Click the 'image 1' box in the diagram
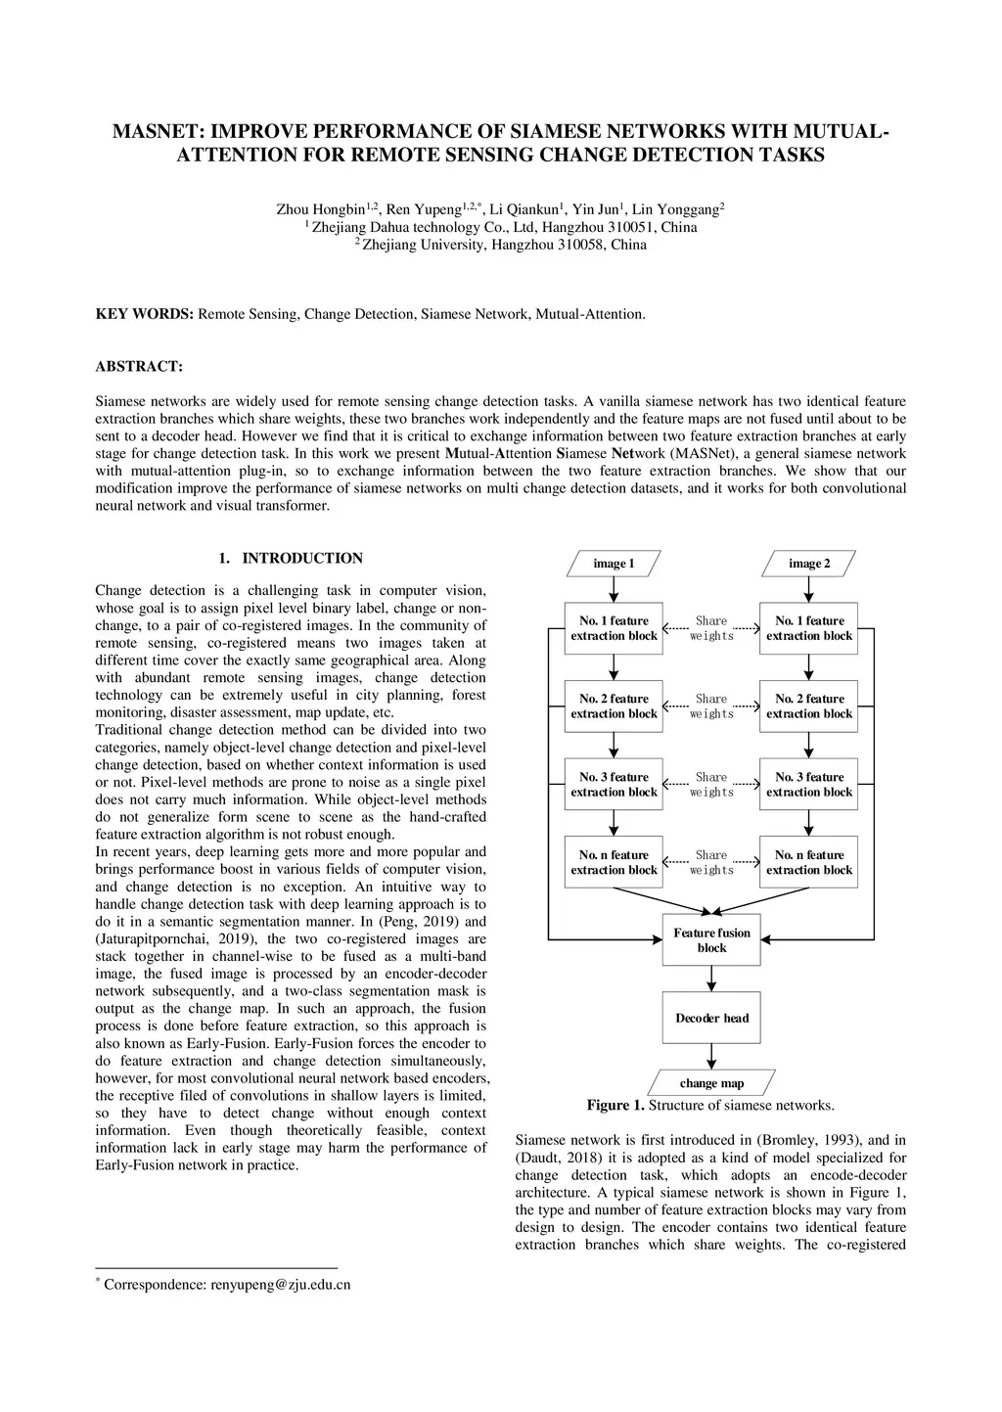click(614, 564)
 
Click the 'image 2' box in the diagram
click(809, 564)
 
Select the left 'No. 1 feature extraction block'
click(614, 628)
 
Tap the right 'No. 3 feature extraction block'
click(809, 785)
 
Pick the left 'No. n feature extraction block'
click(614, 862)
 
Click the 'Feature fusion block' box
click(711, 940)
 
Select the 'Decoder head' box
click(711, 1018)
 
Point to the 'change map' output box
click(711, 1083)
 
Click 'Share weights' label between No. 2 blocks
click(711, 706)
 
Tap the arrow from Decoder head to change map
click(711, 1057)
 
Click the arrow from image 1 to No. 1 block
click(614, 589)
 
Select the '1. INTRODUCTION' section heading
click(291, 559)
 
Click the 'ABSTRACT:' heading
click(138, 367)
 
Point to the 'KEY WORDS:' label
click(145, 314)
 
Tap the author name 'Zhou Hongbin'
click(321, 210)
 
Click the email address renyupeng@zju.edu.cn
click(280, 1285)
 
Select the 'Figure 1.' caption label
click(615, 1106)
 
